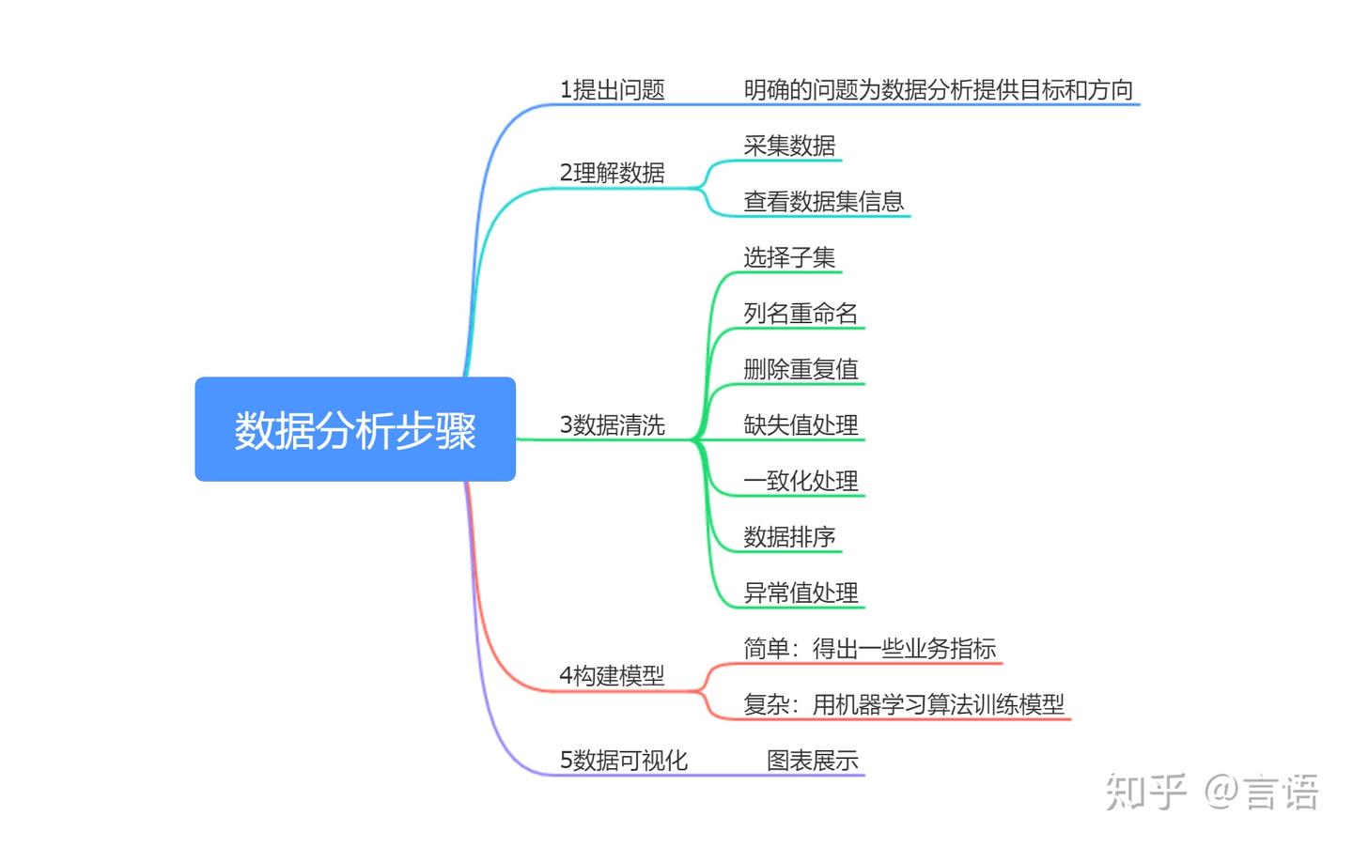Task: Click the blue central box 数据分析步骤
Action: coord(355,430)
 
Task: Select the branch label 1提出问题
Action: coord(612,90)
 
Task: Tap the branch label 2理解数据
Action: coord(612,173)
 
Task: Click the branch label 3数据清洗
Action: coord(612,425)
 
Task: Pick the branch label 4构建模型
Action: coord(612,675)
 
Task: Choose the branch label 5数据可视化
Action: coord(623,760)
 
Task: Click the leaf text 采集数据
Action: coord(789,146)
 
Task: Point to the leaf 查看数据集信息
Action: coord(823,201)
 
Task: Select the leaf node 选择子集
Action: coord(789,257)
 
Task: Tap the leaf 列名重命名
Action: coord(801,314)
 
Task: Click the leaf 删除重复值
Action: coord(801,369)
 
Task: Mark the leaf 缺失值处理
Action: coord(801,425)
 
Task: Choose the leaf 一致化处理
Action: coord(801,481)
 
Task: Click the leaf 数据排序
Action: coord(789,537)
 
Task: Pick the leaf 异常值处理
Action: coord(801,593)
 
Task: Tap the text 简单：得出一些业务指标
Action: coord(869,649)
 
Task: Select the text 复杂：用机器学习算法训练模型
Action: coord(903,704)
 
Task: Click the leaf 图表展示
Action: coord(812,760)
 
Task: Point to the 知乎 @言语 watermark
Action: coord(1212,792)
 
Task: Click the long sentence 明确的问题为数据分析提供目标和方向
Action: coord(938,90)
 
